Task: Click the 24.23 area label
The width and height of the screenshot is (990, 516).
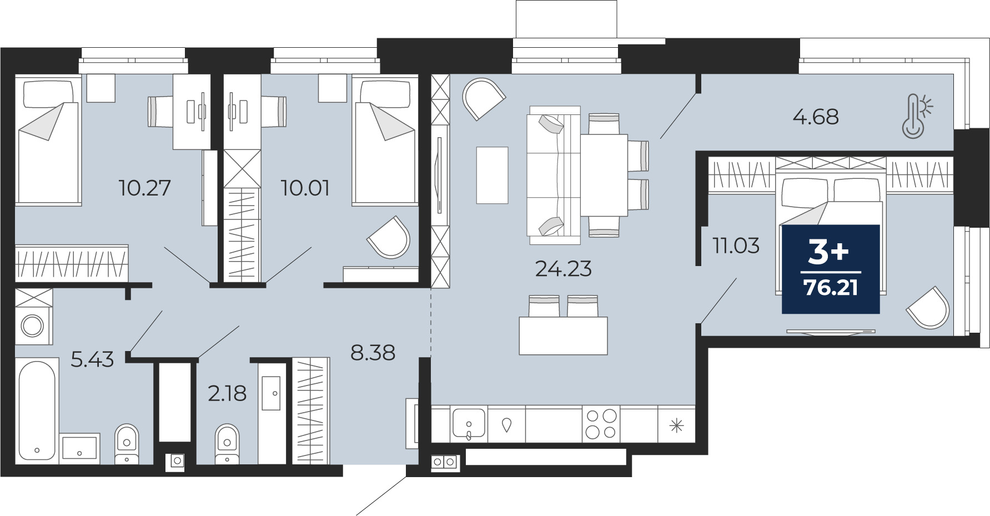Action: [x=563, y=269]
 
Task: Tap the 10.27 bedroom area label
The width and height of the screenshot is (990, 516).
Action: [x=144, y=188]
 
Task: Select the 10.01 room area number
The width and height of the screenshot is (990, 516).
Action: [x=305, y=188]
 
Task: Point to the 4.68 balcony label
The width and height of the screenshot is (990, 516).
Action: [x=815, y=117]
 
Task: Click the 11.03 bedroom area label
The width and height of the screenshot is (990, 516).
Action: [x=736, y=245]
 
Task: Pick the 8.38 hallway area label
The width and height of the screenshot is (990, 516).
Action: [x=373, y=352]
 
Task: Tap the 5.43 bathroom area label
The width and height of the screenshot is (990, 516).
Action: [x=92, y=359]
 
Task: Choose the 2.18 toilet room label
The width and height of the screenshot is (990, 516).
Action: [x=227, y=393]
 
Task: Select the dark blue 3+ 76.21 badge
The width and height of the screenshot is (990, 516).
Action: [x=831, y=269]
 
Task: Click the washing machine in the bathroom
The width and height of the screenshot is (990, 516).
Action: [x=33, y=325]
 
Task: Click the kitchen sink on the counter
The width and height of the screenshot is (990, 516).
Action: [x=469, y=424]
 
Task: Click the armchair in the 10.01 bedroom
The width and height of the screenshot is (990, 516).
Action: [x=389, y=238]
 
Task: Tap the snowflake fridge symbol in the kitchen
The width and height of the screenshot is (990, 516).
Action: [x=676, y=426]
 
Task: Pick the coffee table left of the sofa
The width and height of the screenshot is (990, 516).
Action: [x=492, y=175]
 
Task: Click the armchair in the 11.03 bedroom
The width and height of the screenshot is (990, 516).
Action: [x=928, y=308]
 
